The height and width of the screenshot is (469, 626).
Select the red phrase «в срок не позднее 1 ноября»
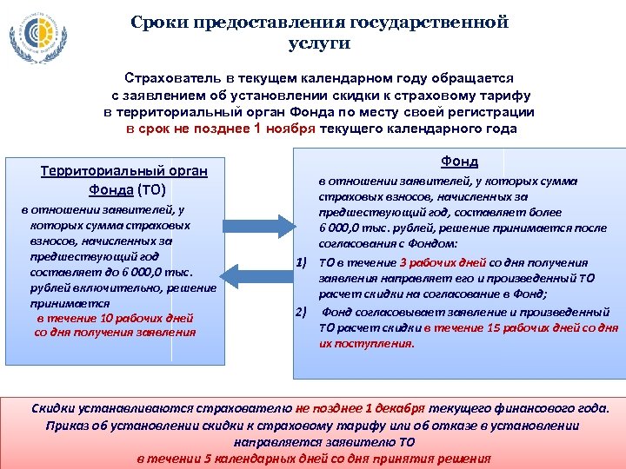click(221, 129)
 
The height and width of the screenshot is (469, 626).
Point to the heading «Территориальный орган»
click(123, 171)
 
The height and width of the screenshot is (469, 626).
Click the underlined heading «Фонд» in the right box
click(459, 162)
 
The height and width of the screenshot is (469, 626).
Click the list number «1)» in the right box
click(303, 262)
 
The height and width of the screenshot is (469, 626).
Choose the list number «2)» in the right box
click(303, 311)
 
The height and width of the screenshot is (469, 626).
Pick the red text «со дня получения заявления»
click(116, 332)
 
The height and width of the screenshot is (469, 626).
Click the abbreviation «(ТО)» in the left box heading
click(151, 189)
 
